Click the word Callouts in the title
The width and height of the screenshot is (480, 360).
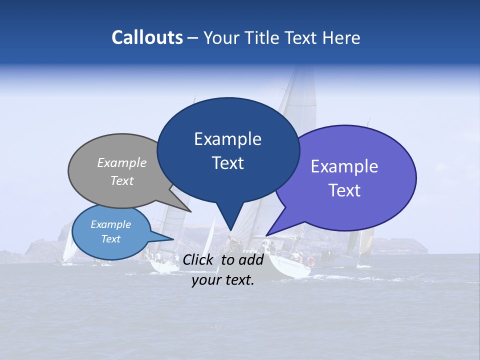click(x=147, y=37)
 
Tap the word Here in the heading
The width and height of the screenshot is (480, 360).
click(x=341, y=38)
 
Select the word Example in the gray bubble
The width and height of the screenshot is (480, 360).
click(x=122, y=162)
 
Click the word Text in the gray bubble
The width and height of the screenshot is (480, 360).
click(x=122, y=180)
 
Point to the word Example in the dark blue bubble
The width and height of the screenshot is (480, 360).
click(x=227, y=138)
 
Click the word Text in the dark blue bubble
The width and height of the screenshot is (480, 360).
click(x=227, y=163)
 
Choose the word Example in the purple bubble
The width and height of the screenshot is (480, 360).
click(x=344, y=166)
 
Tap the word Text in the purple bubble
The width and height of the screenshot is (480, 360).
click(x=344, y=190)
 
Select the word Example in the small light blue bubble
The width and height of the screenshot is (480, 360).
click(x=110, y=224)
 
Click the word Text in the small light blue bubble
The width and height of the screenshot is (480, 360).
click(x=110, y=239)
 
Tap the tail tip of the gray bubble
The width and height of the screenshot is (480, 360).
click(x=190, y=211)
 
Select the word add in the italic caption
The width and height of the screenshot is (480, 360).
click(x=251, y=259)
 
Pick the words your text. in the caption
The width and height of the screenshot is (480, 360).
click(x=223, y=280)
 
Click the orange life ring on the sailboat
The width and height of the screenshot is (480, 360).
click(x=311, y=261)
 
